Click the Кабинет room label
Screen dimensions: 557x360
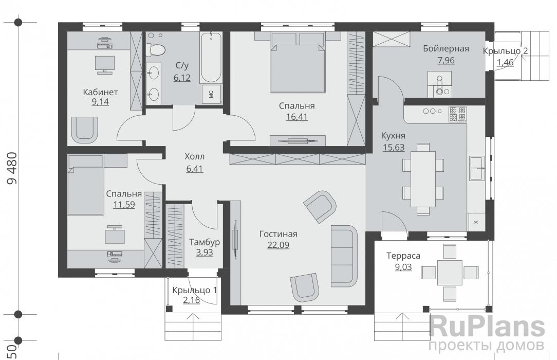(100, 92)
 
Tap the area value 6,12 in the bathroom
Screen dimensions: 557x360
(182, 78)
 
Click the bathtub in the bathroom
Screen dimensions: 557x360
(211, 58)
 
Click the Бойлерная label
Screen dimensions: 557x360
(446, 48)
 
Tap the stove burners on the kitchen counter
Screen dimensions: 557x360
(457, 114)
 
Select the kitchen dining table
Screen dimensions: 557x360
(423, 179)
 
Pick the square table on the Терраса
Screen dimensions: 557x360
(450, 273)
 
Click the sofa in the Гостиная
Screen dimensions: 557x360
(344, 256)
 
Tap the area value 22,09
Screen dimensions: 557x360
(278, 245)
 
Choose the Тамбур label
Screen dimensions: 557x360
(205, 242)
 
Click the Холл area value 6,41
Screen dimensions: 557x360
(195, 169)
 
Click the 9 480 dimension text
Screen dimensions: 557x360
(12, 168)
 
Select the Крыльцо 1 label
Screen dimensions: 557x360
(194, 290)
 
